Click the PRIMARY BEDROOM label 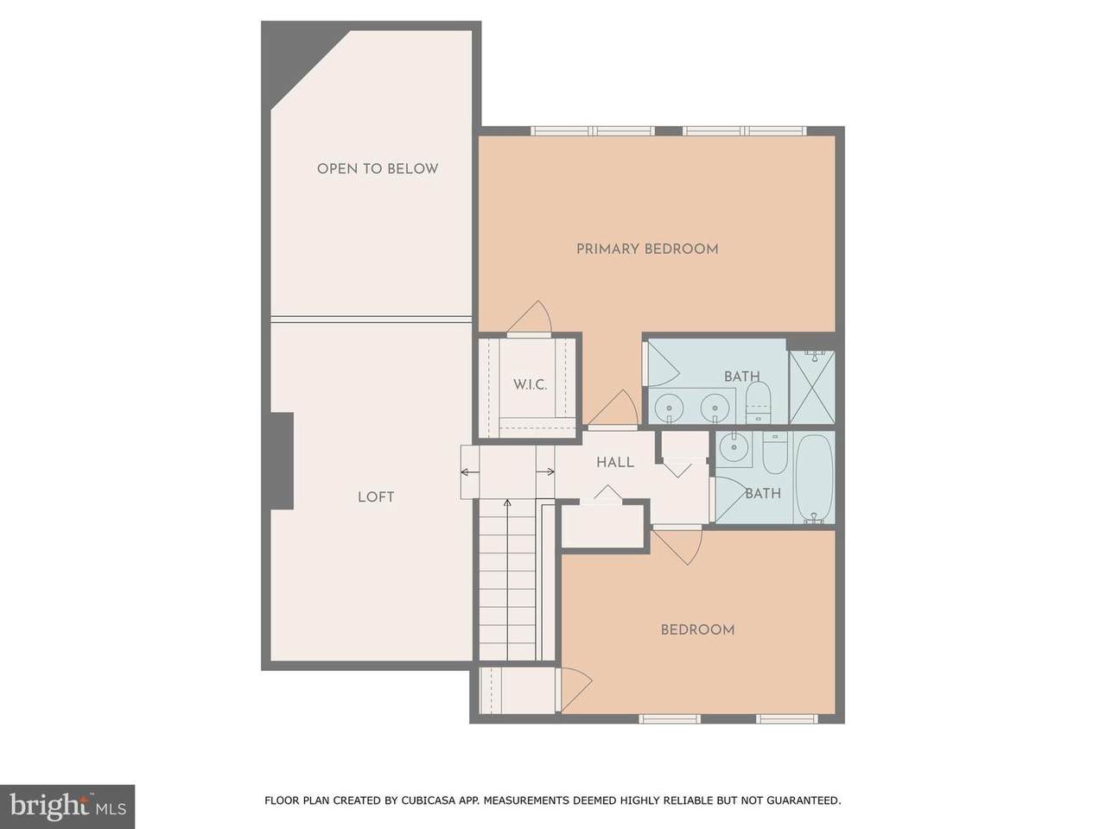(x=647, y=250)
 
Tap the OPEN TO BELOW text (x=378, y=169)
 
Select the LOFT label (x=376, y=497)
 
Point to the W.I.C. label (x=530, y=385)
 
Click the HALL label (x=615, y=463)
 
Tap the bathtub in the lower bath (x=814, y=478)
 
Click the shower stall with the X (x=811, y=387)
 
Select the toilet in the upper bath (x=758, y=402)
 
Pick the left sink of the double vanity (x=669, y=405)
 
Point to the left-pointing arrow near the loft (x=470, y=472)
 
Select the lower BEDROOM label (x=697, y=630)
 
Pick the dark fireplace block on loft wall (x=282, y=461)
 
